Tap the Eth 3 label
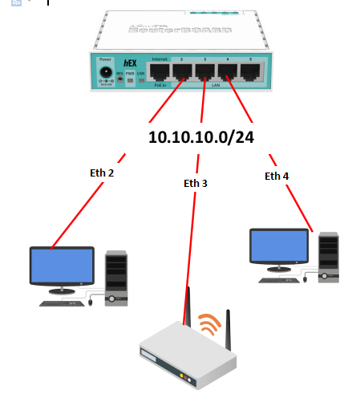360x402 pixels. click(195, 183)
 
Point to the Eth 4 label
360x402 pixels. click(277, 176)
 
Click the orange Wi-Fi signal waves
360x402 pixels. click(210, 323)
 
